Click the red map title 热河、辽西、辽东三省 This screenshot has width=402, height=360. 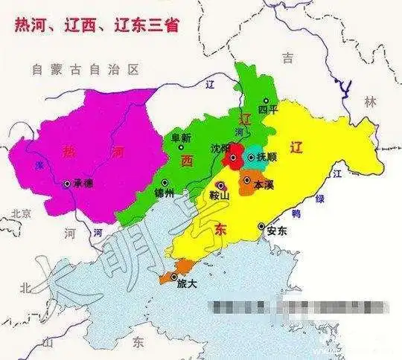pyautogui.click(x=101, y=25)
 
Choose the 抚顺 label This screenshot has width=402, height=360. pyautogui.click(x=269, y=157)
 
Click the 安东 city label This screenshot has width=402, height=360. pyautogui.click(x=277, y=231)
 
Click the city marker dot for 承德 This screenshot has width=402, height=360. pyautogui.click(x=68, y=183)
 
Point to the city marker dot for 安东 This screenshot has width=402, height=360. pyautogui.click(x=261, y=226)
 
